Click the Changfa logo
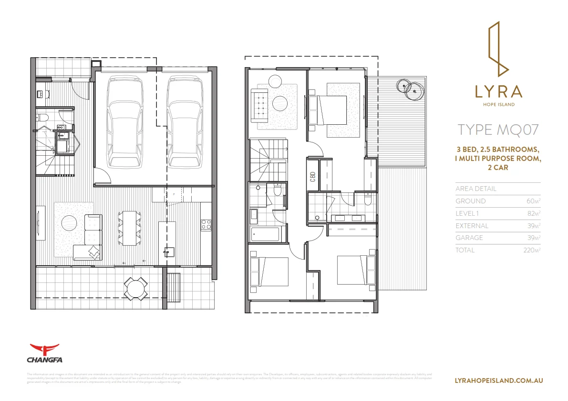pyautogui.click(x=44, y=353)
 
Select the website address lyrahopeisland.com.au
pyautogui.click(x=499, y=381)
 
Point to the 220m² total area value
pyautogui.click(x=531, y=250)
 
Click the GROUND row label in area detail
pyautogui.click(x=470, y=201)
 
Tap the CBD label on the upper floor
pyautogui.click(x=313, y=177)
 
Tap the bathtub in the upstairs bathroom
pyautogui.click(x=265, y=234)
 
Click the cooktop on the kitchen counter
pyautogui.click(x=207, y=224)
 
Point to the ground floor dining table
pyautogui.click(x=129, y=228)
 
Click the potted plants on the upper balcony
pyautogui.click(x=410, y=87)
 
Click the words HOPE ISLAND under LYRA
pyautogui.click(x=498, y=105)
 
